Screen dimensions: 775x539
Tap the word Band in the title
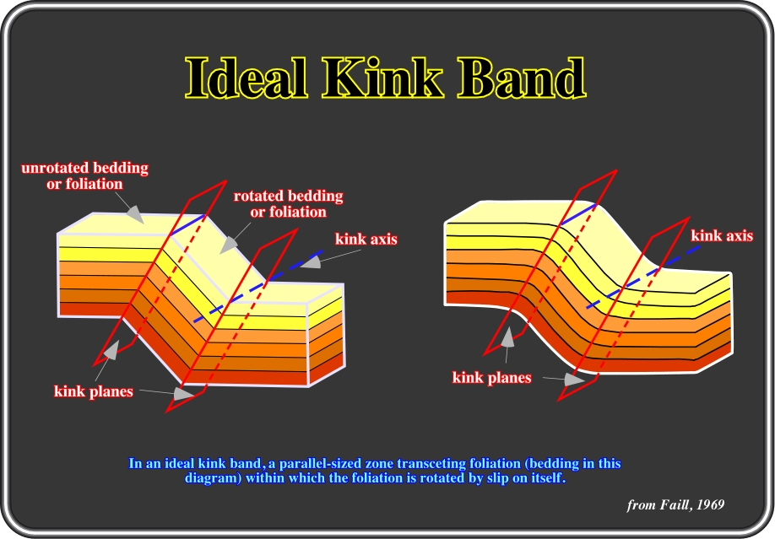click(521, 77)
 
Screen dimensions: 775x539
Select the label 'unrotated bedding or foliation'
click(84, 176)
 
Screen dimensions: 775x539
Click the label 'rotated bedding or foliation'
click(288, 203)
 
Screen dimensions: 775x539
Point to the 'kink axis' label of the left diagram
click(366, 239)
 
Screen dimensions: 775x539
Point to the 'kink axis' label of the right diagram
click(722, 235)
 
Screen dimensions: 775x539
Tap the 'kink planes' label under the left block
click(94, 391)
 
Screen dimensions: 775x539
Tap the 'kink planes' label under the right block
click(492, 377)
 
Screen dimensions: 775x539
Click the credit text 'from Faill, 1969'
click(675, 504)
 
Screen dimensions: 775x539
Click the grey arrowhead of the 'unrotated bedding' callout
click(135, 213)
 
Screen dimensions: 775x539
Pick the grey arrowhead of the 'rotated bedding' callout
click(228, 244)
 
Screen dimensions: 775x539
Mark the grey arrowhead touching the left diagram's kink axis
click(311, 261)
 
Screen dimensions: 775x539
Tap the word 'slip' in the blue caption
click(496, 478)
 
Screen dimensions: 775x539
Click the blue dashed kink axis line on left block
click(258, 287)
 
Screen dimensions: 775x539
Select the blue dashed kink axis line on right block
click(643, 277)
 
